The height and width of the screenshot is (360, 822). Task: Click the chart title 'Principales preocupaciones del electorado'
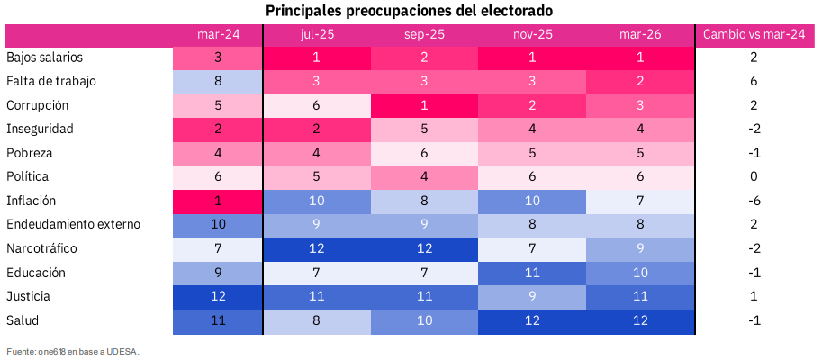pyautogui.click(x=409, y=11)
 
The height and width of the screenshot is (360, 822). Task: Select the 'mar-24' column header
pyautogui.click(x=218, y=34)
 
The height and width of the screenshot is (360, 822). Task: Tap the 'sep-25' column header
pyautogui.click(x=424, y=34)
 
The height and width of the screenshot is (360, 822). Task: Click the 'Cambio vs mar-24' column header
pyautogui.click(x=754, y=34)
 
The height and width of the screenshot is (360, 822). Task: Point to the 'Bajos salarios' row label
pyautogui.click(x=44, y=58)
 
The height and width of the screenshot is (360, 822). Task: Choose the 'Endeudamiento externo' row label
pyautogui.click(x=73, y=224)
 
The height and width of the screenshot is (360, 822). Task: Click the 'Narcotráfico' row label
pyautogui.click(x=43, y=248)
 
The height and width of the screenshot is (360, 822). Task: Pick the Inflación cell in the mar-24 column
pyautogui.click(x=218, y=201)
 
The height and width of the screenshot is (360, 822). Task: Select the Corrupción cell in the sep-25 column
pyautogui.click(x=424, y=105)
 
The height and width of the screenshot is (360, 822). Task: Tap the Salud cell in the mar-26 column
pyautogui.click(x=640, y=319)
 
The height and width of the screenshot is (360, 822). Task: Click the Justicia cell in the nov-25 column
pyautogui.click(x=532, y=296)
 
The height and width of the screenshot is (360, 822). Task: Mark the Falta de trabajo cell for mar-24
pyautogui.click(x=218, y=81)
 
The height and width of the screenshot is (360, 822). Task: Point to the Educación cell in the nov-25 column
pyautogui.click(x=532, y=272)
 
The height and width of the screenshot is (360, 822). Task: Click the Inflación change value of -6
pyautogui.click(x=754, y=201)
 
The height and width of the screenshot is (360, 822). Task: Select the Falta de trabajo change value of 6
pyautogui.click(x=754, y=81)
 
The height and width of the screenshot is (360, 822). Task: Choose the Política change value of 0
pyautogui.click(x=754, y=176)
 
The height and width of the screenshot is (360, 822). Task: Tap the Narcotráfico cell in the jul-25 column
pyautogui.click(x=317, y=248)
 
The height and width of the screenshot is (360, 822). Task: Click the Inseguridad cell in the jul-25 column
pyautogui.click(x=317, y=129)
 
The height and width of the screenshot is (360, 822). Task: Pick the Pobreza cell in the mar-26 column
pyautogui.click(x=640, y=153)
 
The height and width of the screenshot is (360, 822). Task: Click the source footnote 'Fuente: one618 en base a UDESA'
pyautogui.click(x=73, y=351)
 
